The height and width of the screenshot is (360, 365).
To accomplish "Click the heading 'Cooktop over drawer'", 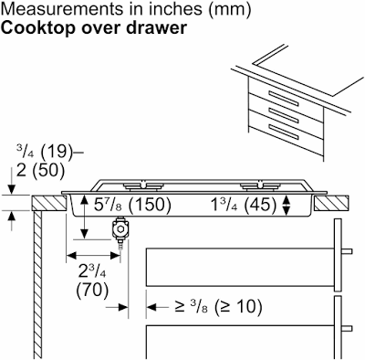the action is [94, 27].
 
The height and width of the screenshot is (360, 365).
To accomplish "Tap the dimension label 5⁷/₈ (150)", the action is [132, 205].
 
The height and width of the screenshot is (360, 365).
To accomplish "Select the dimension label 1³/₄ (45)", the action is [244, 205].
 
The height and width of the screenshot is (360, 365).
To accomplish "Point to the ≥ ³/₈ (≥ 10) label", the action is [218, 307].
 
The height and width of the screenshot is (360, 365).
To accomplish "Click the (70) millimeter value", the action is [92, 290].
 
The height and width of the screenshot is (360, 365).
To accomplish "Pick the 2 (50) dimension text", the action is [41, 170].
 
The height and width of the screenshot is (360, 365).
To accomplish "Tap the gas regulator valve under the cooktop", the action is [120, 230].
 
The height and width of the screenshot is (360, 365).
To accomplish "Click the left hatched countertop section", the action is [49, 204].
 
